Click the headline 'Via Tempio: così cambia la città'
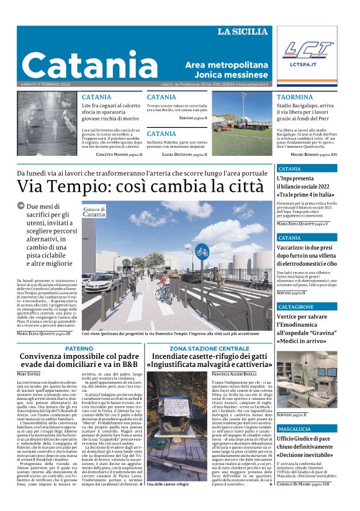pyautogui.click(x=140, y=186)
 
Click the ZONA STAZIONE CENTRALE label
pyautogui.click(x=209, y=348)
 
